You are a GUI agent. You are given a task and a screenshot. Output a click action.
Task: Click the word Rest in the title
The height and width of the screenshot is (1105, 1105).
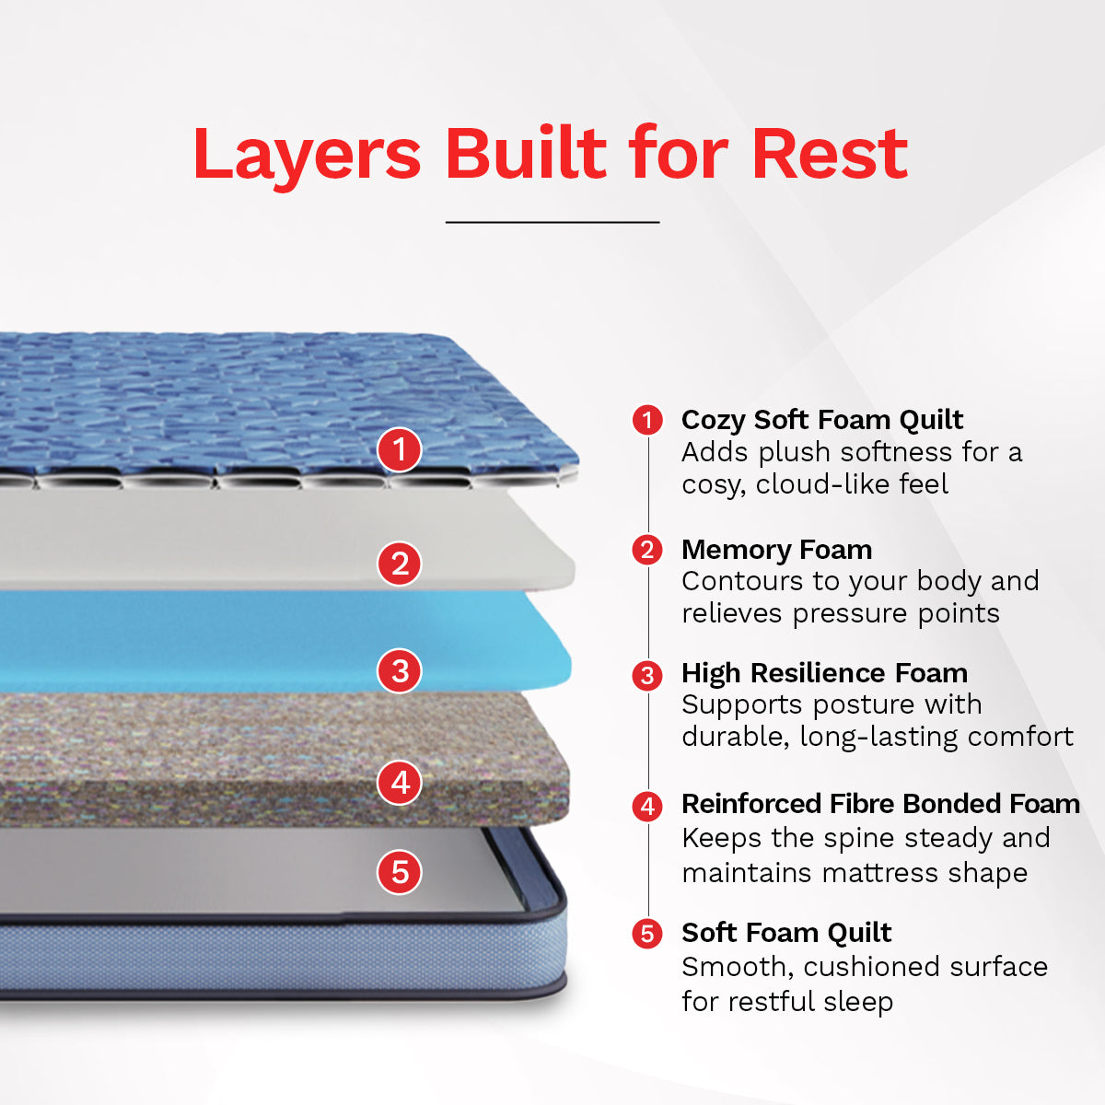click(830, 154)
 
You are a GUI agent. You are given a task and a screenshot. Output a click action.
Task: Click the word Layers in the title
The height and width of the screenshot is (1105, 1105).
click(307, 154)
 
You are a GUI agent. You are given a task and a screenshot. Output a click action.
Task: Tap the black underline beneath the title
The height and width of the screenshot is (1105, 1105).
click(552, 222)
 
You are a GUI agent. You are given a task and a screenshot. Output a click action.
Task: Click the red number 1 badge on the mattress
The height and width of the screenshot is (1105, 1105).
click(400, 449)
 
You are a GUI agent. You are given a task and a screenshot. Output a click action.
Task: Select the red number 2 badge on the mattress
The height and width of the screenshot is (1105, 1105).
click(400, 564)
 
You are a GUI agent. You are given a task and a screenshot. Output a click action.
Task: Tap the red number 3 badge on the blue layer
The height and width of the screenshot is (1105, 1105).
click(400, 670)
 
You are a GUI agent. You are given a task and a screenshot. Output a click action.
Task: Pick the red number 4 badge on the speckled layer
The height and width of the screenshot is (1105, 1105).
click(400, 783)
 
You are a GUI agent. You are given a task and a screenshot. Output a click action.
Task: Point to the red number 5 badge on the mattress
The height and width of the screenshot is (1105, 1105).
click(400, 871)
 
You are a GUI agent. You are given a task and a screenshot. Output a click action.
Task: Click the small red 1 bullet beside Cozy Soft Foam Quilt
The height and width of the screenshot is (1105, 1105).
click(647, 420)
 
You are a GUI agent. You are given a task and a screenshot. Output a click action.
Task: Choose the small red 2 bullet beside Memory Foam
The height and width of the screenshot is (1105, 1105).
click(647, 550)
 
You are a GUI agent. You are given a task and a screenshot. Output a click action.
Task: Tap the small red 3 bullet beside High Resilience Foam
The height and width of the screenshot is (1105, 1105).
click(647, 675)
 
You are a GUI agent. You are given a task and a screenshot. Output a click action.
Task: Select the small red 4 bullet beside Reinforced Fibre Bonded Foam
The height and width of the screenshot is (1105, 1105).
click(647, 806)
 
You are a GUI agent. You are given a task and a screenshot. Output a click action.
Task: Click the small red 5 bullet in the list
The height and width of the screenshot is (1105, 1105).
click(647, 934)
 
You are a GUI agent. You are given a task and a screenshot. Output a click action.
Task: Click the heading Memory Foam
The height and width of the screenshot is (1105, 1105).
click(776, 550)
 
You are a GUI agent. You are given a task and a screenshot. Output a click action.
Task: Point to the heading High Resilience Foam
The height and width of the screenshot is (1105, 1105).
click(824, 673)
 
